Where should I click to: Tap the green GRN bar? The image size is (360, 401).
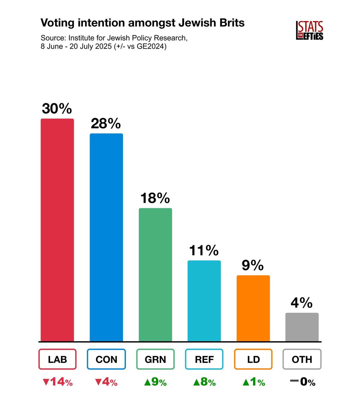pos(155,275)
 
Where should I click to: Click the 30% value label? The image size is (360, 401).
pos(57,109)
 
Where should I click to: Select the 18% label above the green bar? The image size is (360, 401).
pos(155,198)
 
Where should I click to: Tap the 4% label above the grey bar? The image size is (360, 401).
pos(302,303)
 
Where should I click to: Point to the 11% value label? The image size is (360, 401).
pos(204,250)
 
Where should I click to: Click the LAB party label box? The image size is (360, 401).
pos(57,359)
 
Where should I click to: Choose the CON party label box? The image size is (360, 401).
pos(106,359)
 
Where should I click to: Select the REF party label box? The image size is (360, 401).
pos(204,359)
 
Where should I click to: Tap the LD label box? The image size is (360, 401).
pos(253,359)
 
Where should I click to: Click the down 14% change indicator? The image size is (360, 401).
pos(57,382)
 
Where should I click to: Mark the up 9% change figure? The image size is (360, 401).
pos(155,382)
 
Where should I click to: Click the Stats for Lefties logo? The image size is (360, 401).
pos(310,31)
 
